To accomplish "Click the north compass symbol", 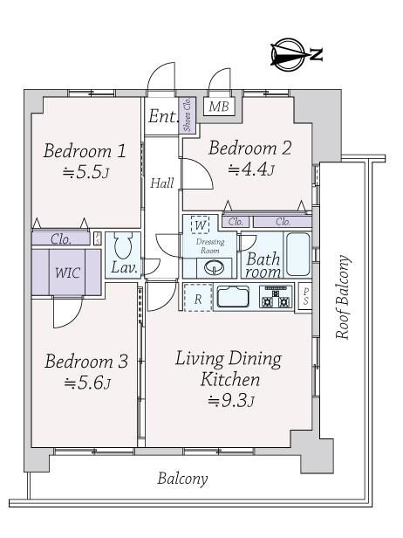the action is point(288,55).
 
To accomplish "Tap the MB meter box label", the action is point(219,107).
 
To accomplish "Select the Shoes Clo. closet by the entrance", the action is point(188,115).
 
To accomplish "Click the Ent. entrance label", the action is point(163,116).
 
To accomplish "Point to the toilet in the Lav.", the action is point(123,245).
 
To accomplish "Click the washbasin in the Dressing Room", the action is point(215,266).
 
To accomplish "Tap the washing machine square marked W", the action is point(200,224).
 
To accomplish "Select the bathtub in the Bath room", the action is point(297,254).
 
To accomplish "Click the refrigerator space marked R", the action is point(198,298).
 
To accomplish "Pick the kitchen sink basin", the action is point(233,297).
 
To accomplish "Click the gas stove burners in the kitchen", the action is point(277,297).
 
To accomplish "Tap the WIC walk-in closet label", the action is point(67,272).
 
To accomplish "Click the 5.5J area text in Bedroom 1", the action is point(86,172).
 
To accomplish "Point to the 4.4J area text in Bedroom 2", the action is point(251,169).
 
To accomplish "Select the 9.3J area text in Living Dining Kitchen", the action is point(231,400).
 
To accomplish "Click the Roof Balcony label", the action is point(343,297).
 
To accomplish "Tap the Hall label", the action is point(162,183).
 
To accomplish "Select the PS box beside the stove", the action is point(304,297).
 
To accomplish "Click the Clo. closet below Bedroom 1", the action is point(61,238).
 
